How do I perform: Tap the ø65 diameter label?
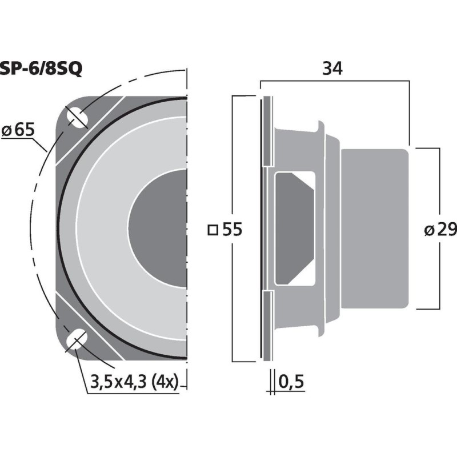tap(18, 130)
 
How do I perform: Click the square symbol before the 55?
tap(213, 230)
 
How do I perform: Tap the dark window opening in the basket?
tap(294, 228)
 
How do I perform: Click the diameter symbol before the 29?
tap(428, 230)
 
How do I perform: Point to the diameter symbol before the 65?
tap(7, 131)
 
